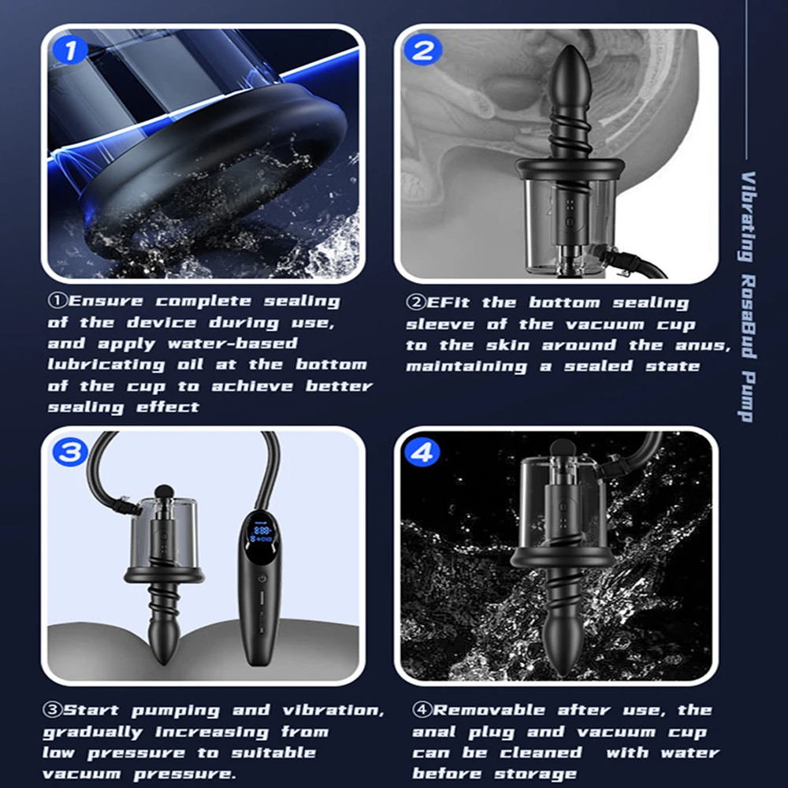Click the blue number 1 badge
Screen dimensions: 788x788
click(70, 50)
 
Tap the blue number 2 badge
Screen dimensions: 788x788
click(422, 50)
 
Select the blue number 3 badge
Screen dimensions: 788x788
click(70, 452)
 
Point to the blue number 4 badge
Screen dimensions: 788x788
click(422, 452)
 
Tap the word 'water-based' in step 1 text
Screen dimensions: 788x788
click(232, 344)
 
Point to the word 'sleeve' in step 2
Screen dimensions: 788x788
click(440, 325)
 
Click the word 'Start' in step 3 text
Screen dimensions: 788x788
click(91, 710)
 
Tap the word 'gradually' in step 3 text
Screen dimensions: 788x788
click(92, 732)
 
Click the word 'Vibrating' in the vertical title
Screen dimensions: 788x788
click(749, 217)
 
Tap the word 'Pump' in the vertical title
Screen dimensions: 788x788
click(749, 397)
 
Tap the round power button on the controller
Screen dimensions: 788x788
click(262, 579)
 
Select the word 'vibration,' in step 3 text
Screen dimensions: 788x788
click(333, 711)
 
